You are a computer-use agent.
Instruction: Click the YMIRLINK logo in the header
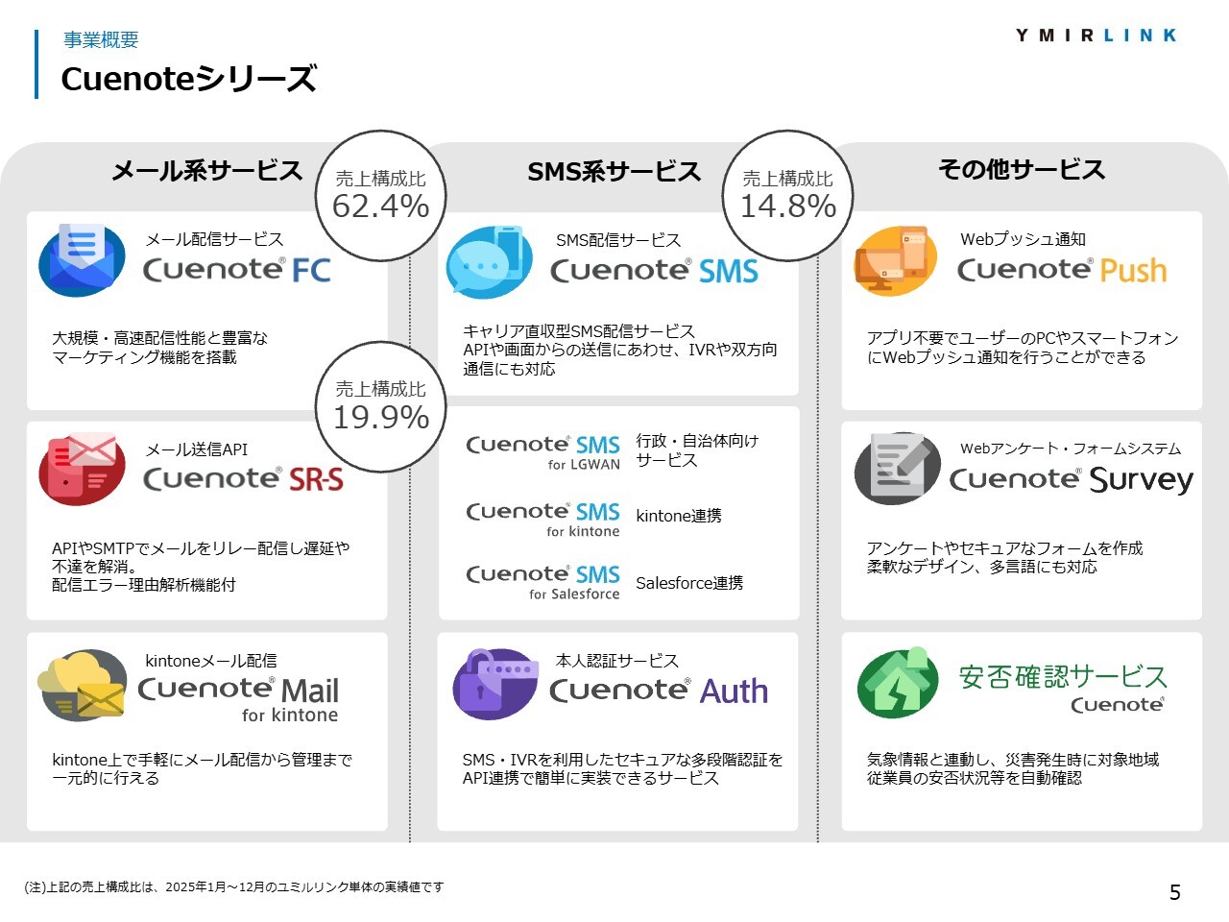coord(1096,36)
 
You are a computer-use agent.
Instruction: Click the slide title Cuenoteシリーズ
coord(189,79)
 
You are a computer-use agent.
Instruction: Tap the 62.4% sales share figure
coord(381,206)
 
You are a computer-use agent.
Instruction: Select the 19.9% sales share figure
coord(381,417)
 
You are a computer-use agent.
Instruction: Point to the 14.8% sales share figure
coord(787,206)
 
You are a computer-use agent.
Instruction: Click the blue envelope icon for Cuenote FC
coord(82,259)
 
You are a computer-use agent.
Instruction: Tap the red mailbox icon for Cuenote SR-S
coord(82,469)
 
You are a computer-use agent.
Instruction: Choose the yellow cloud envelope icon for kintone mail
coord(82,685)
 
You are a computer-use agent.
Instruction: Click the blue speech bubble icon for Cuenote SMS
coord(489,262)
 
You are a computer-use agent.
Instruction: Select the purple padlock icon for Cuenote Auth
coord(495,684)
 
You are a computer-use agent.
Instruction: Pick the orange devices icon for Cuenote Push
coord(895,259)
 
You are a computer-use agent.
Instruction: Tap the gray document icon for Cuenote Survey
coord(898,468)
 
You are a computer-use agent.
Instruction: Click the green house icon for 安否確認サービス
coord(898,683)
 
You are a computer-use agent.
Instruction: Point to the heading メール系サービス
coord(207,170)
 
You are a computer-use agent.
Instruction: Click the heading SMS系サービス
coord(614,171)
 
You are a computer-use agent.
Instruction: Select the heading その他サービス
coord(1022,169)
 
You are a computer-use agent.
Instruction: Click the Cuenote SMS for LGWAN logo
coord(543,452)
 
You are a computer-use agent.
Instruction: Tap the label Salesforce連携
coord(689,583)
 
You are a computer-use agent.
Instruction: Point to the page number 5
coord(1174,892)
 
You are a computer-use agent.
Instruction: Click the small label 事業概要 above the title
coord(101,39)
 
